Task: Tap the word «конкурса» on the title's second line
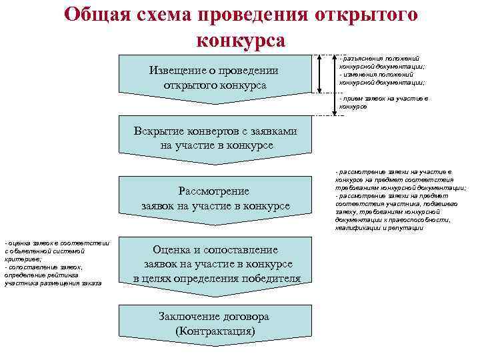point(241,40)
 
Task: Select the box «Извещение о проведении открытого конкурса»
point(214,78)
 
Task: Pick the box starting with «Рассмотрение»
point(215,198)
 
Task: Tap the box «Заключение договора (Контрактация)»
point(215,323)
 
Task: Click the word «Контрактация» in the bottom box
point(215,331)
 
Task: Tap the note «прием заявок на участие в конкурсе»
point(383,102)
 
